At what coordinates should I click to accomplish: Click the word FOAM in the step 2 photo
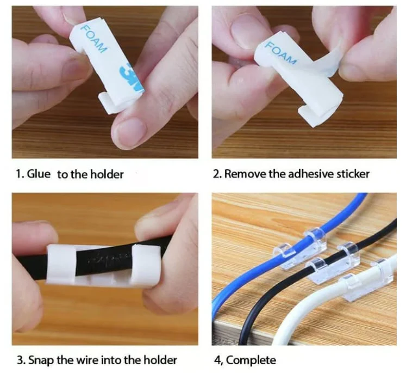point(280,53)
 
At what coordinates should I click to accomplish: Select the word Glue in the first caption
point(39,174)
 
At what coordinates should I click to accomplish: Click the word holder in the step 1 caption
point(107,174)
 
